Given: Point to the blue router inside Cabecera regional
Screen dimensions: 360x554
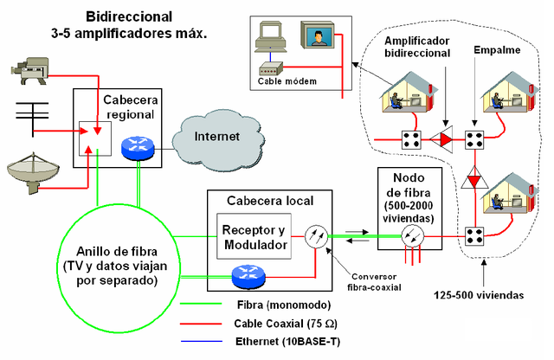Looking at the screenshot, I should pos(137,149).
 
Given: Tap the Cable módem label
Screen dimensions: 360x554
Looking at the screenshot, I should pos(287,81).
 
